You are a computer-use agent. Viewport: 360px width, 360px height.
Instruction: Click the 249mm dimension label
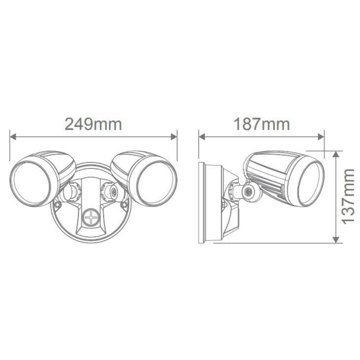(93, 125)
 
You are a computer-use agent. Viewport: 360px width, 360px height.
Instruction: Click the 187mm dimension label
(262, 125)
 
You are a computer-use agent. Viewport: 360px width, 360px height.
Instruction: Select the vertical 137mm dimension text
(348, 197)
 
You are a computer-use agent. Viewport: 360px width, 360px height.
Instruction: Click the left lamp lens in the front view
(32, 183)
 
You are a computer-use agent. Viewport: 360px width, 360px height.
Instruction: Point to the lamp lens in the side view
(311, 183)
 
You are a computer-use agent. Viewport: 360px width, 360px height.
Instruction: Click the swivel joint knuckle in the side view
(248, 192)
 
